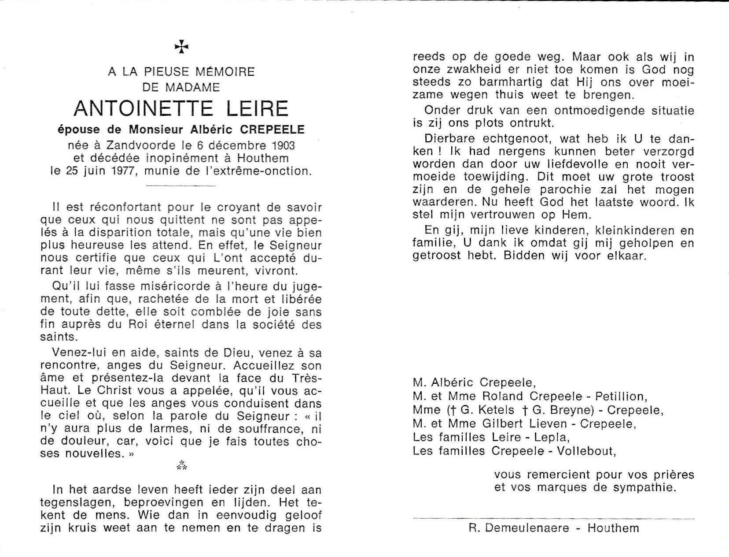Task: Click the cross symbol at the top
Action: [181, 47]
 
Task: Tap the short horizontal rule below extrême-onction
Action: [181, 186]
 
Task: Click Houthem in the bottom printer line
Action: [613, 527]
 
